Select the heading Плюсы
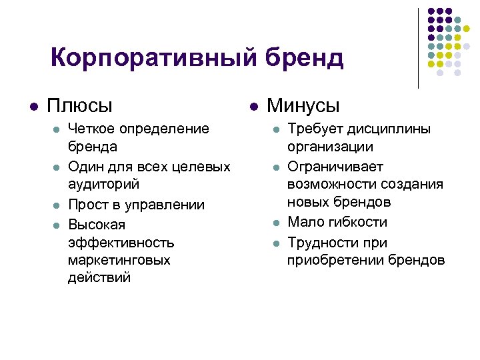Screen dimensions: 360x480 tap(79, 106)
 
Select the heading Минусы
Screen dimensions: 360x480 tap(303, 106)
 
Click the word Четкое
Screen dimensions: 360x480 tap(90, 128)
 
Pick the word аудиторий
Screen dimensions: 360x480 tap(102, 183)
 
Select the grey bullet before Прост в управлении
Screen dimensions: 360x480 tap(55, 205)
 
